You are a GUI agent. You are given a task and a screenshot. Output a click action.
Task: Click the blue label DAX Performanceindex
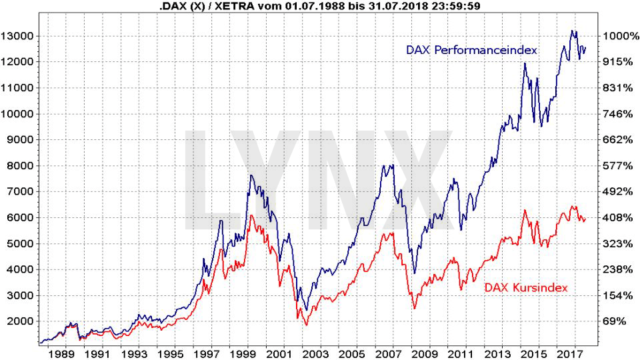471,50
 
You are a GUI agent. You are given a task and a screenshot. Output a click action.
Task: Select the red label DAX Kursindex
526,287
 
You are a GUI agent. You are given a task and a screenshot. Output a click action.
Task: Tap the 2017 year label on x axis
571,353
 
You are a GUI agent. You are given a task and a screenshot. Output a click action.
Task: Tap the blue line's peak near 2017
572,31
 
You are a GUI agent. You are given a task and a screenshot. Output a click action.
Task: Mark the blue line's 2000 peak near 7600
250,175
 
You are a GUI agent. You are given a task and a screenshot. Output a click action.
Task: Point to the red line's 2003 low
306,325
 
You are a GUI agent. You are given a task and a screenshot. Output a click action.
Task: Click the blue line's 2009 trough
414,273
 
